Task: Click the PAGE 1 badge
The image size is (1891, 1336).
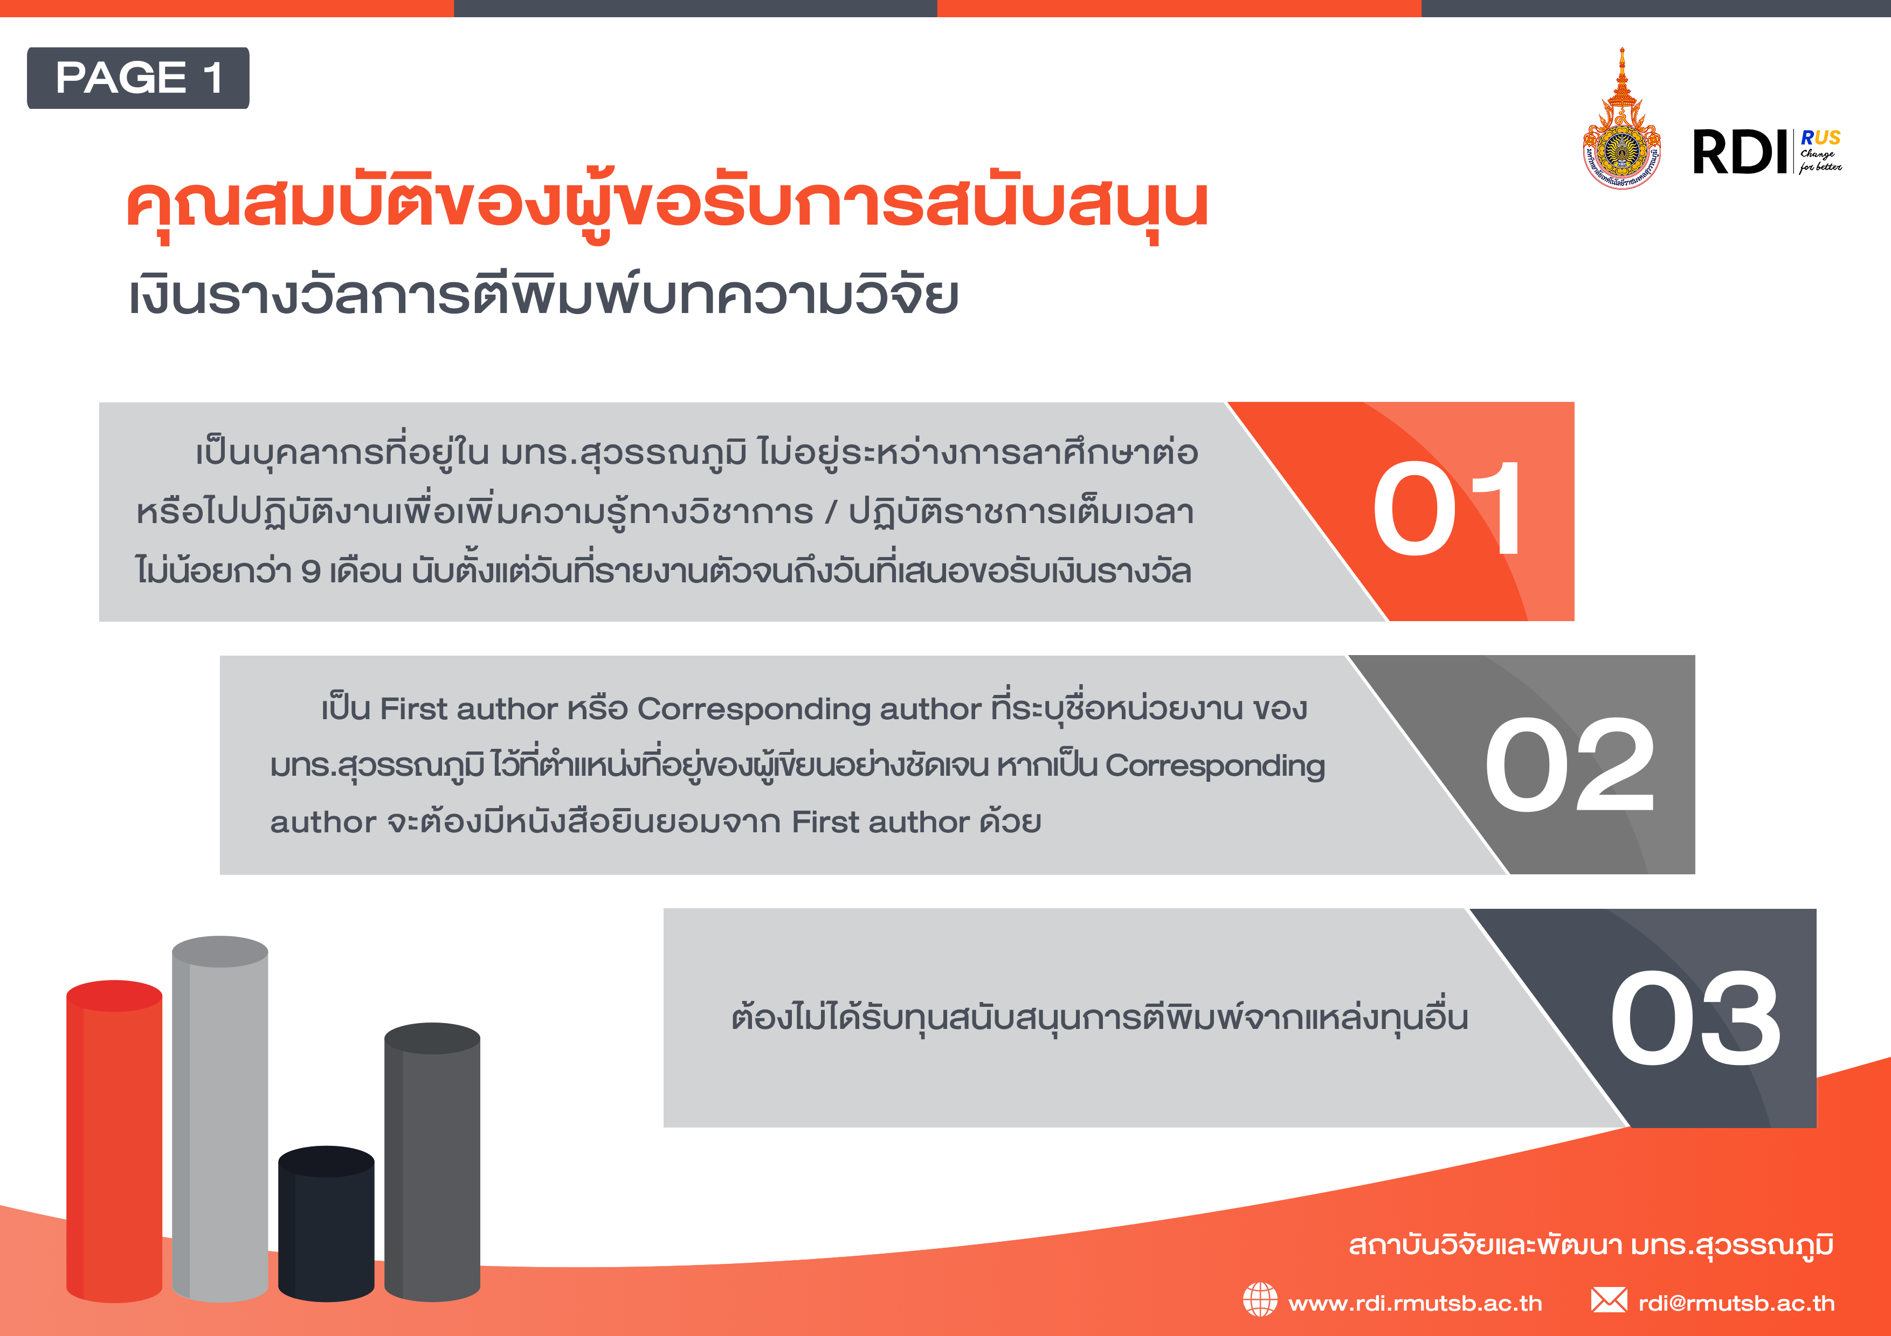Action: coord(139,78)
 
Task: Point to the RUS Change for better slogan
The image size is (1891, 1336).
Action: coord(1820,151)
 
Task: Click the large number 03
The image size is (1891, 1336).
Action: coord(1695,1018)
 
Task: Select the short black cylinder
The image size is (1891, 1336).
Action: coord(326,1224)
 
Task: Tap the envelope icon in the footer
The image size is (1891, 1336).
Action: coord(1609,1300)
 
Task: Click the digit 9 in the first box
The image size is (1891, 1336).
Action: coord(310,571)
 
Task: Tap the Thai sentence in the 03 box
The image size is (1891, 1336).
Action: coord(1100,1018)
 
